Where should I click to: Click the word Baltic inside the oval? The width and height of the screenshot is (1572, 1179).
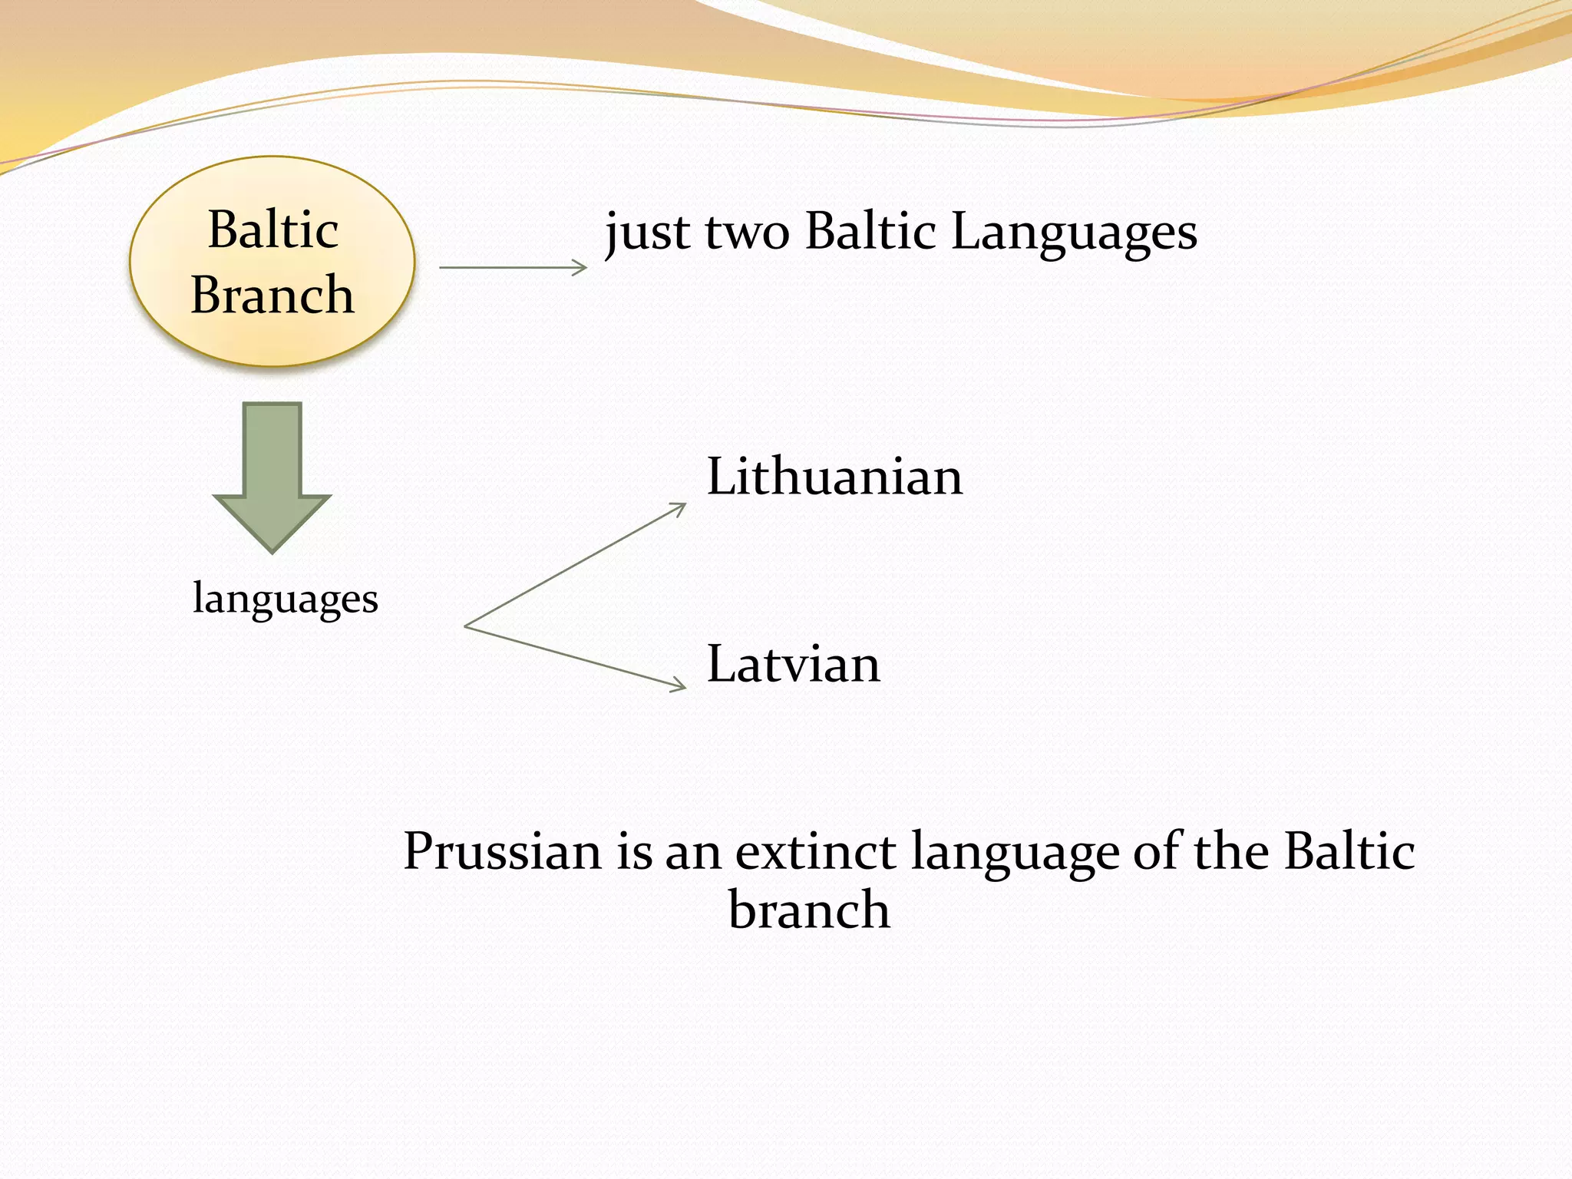[x=272, y=230]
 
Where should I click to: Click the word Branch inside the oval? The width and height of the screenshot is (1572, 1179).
[x=272, y=295]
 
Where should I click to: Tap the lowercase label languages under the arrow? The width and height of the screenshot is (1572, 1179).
[x=286, y=599]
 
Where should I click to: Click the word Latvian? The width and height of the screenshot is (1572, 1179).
[x=793, y=664]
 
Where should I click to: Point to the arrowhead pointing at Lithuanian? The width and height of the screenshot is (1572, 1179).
[x=679, y=507]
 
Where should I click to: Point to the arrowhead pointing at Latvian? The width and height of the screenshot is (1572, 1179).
[x=679, y=685]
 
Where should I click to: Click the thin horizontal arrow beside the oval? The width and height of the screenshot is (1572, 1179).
[x=513, y=267]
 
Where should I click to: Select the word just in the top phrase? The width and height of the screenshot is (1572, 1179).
[x=647, y=231]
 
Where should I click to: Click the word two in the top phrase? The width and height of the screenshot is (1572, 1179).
[x=747, y=231]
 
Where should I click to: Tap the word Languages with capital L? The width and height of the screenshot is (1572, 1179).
[x=1074, y=231]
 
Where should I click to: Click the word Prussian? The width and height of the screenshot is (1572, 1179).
[x=503, y=851]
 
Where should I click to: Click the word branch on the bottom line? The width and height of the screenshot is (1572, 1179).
[x=809, y=910]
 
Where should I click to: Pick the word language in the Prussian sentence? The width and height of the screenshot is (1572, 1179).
[x=1016, y=853]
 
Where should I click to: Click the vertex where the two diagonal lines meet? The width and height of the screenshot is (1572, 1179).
[x=466, y=626]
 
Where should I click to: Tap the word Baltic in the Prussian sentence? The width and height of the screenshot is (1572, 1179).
[x=1349, y=851]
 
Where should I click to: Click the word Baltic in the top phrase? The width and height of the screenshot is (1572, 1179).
[x=870, y=231]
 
